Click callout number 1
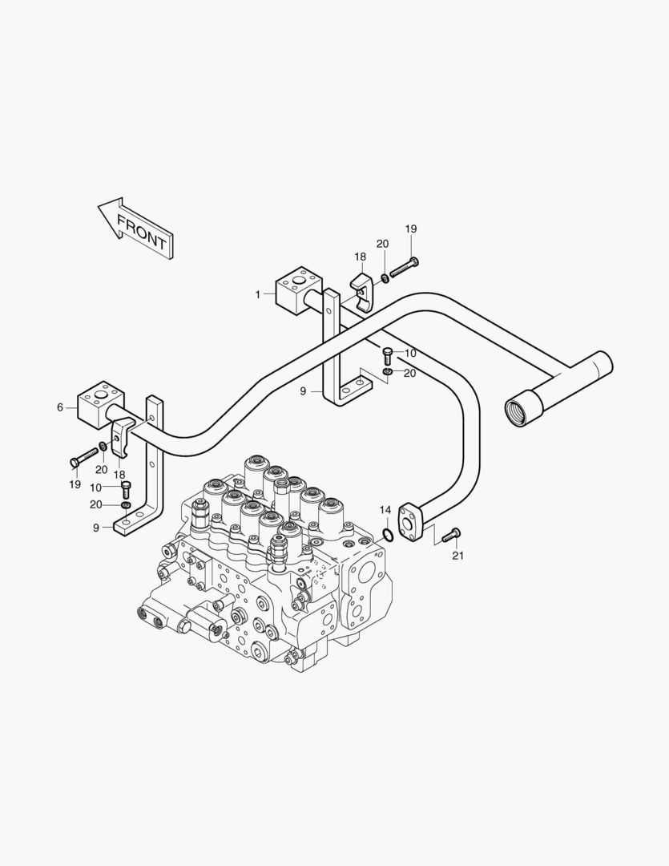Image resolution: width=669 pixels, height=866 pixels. pyautogui.click(x=258, y=295)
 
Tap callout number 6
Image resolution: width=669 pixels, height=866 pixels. pyautogui.click(x=60, y=407)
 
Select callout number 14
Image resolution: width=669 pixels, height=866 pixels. pyautogui.click(x=385, y=509)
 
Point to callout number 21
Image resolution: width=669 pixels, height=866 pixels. pyautogui.click(x=458, y=556)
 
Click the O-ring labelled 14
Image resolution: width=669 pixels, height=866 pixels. pyautogui.click(x=388, y=535)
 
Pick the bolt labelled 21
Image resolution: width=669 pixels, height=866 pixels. pyautogui.click(x=451, y=534)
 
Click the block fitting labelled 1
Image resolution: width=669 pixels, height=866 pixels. pyautogui.click(x=298, y=290)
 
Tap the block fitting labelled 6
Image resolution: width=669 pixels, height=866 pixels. pyautogui.click(x=101, y=404)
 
